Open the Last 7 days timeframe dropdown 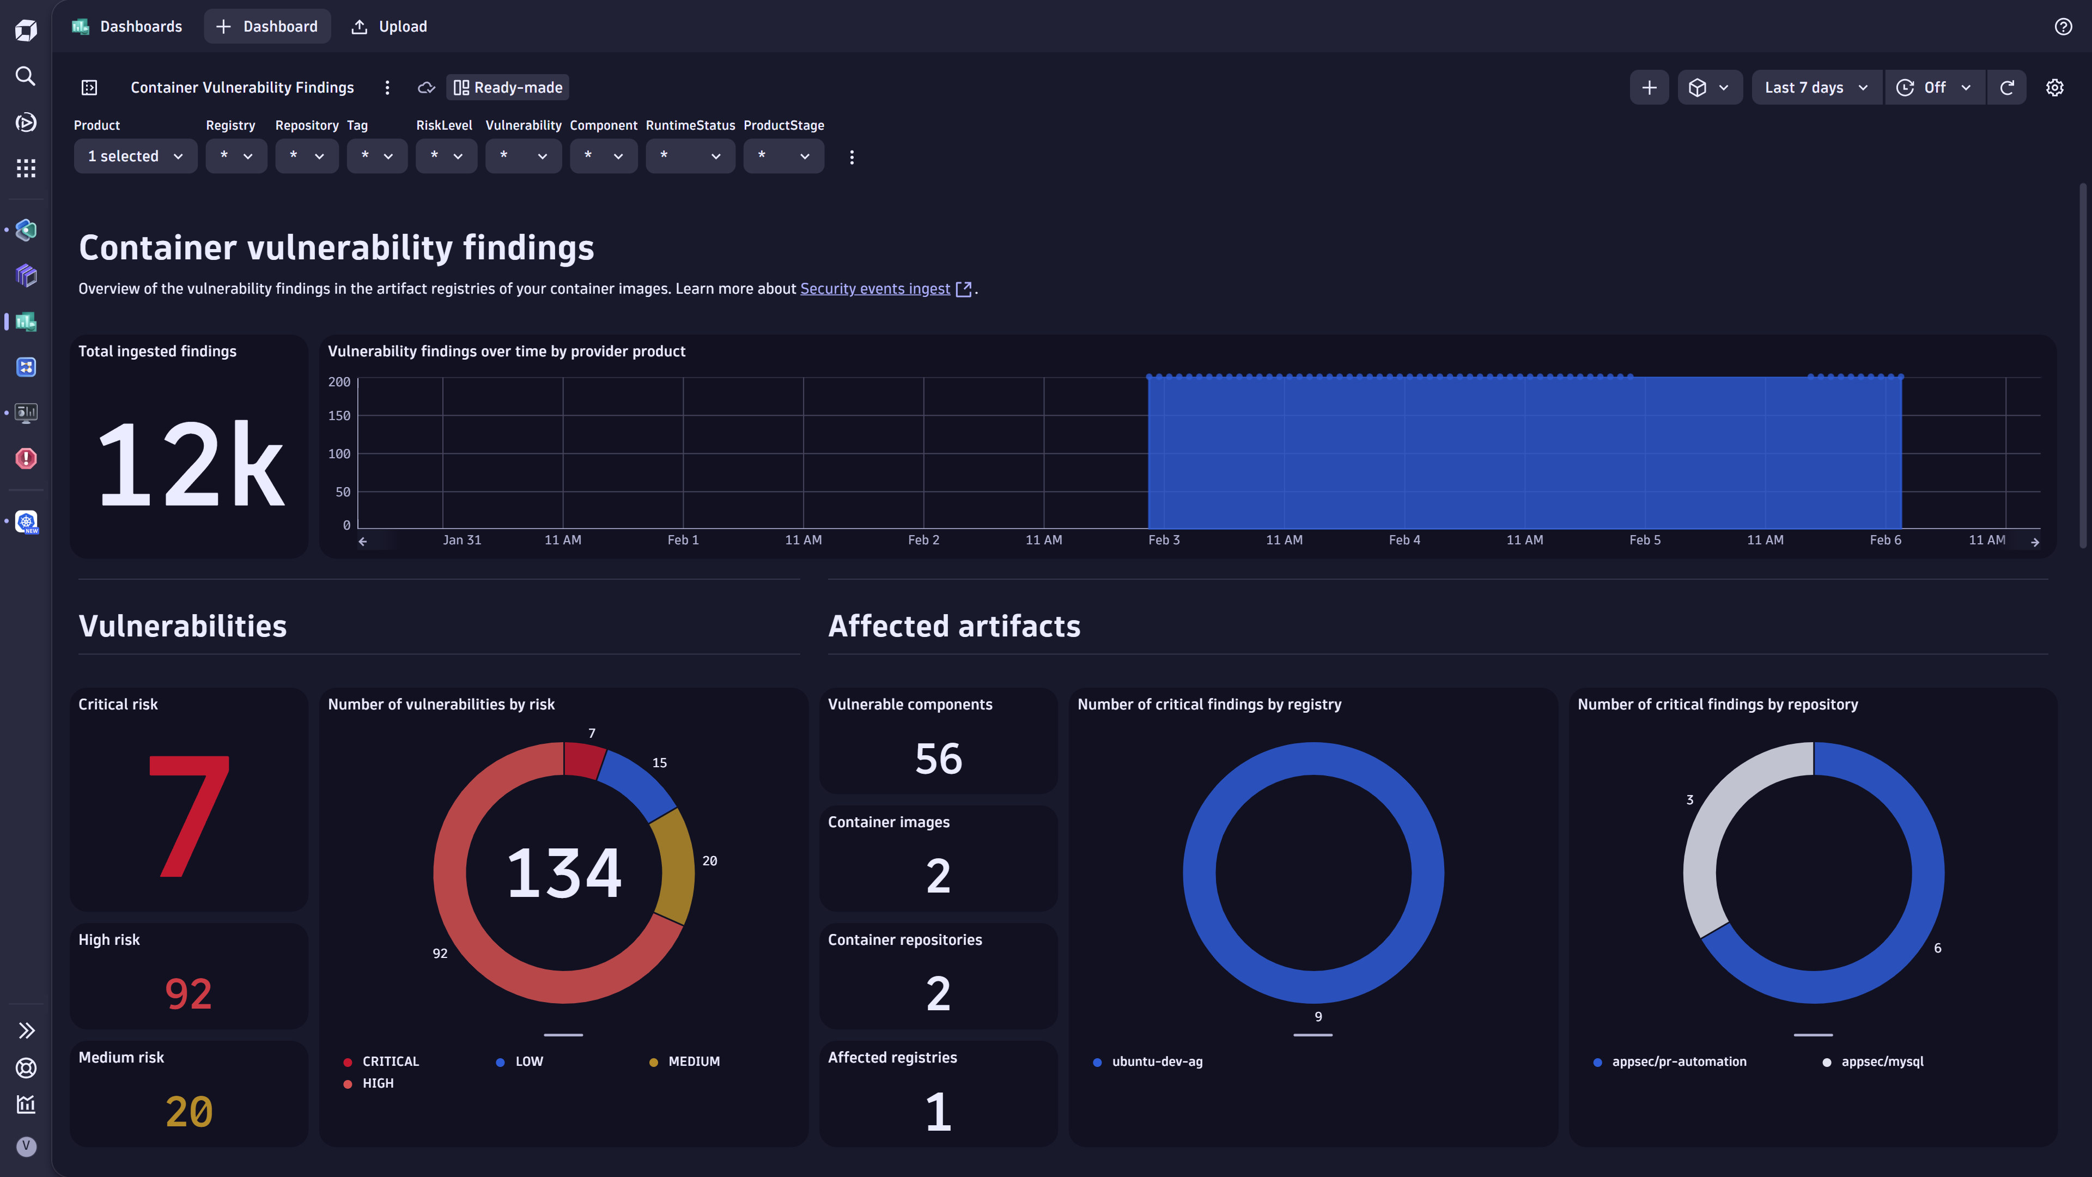[1816, 88]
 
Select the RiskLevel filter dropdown [446, 156]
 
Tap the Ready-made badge [508, 88]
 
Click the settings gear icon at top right [2054, 88]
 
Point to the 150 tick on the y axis [339, 416]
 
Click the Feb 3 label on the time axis [1164, 540]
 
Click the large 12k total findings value [190, 465]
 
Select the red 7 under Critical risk [189, 816]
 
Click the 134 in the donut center [564, 873]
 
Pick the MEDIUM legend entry [693, 1061]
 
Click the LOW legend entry [528, 1061]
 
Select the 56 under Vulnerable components [938, 759]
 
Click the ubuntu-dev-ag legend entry [1157, 1061]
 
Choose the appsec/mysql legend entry [1882, 1061]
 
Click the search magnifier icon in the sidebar [26, 76]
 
